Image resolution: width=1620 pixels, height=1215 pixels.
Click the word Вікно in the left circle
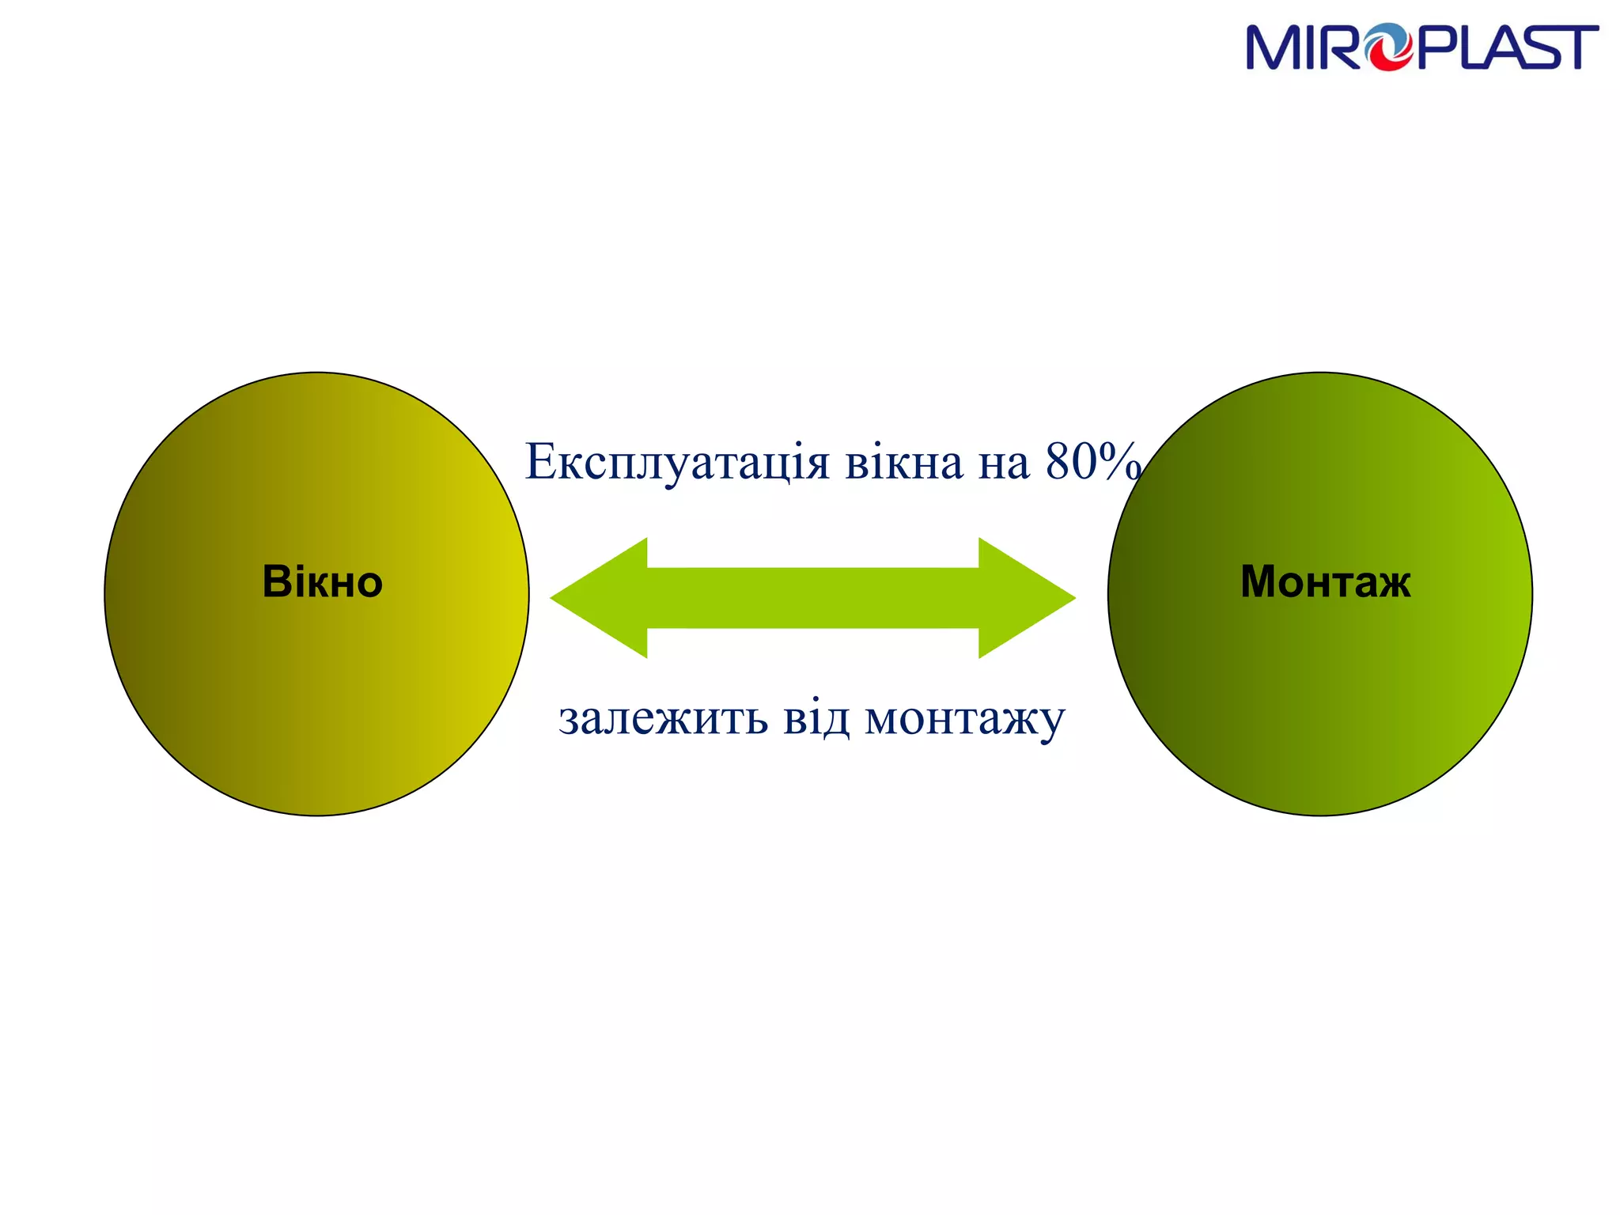(322, 582)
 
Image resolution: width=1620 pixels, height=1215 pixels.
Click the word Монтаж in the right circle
(1325, 582)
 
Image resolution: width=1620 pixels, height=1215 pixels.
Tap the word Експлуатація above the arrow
(677, 463)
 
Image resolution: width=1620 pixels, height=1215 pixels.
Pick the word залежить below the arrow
(663, 718)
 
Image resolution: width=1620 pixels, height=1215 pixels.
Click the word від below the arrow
(816, 718)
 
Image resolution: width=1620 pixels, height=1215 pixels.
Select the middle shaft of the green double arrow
(812, 598)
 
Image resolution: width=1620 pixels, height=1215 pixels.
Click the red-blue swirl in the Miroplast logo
(1390, 47)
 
